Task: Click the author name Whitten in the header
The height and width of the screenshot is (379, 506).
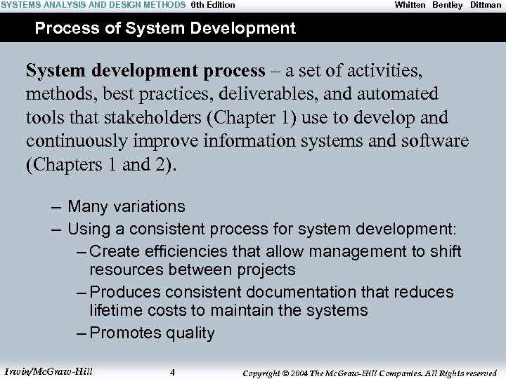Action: pos(410,5)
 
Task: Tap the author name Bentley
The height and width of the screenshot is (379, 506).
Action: pos(448,5)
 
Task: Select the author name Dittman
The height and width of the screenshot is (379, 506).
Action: pos(486,5)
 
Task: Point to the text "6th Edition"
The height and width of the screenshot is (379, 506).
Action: pos(213,5)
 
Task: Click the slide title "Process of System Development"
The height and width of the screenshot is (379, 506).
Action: pos(165,29)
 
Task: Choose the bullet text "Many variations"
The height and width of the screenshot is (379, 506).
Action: pos(126,206)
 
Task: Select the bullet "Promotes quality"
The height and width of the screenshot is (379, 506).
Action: pos(153,333)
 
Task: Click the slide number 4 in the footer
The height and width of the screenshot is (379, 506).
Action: pos(172,372)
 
